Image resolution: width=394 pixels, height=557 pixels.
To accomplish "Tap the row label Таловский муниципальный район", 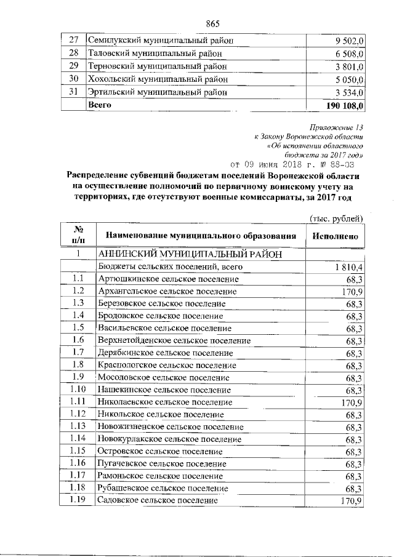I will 158,54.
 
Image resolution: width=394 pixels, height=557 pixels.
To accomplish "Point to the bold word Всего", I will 101,105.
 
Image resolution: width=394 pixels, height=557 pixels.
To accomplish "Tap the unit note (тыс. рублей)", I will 336,218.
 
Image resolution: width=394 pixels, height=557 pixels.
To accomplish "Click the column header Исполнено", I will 336,235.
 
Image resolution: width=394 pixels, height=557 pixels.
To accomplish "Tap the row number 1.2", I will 78,291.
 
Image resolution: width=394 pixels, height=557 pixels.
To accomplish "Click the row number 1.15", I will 78,451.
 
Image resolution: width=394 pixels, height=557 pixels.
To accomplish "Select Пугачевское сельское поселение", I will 161,463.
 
